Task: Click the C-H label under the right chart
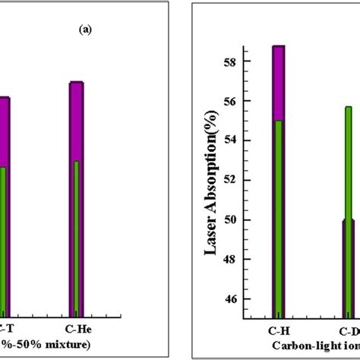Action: [x=279, y=331]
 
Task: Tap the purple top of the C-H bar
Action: [x=279, y=82]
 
